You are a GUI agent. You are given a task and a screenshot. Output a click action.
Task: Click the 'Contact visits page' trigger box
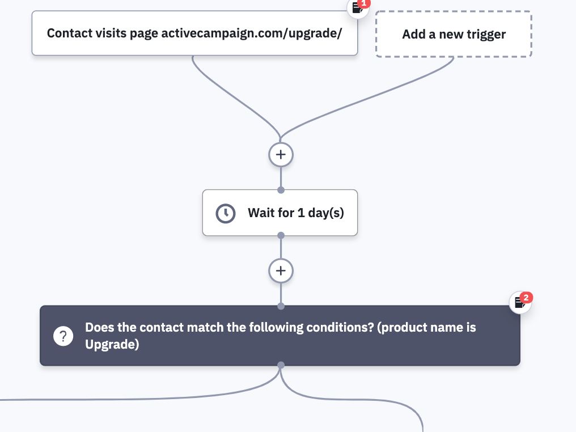tap(194, 33)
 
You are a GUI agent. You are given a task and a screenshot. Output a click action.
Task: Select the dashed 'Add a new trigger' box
tap(454, 34)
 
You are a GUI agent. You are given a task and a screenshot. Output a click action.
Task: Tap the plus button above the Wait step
tap(281, 155)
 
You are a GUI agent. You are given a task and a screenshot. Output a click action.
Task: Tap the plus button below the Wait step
tap(281, 271)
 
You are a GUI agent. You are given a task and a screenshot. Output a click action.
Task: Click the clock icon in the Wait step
tap(226, 213)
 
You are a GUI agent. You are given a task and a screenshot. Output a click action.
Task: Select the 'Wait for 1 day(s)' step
tap(280, 213)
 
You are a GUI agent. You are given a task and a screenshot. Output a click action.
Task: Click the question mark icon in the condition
tap(63, 336)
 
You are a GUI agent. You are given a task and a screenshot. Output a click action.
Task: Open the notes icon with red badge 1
tap(358, 7)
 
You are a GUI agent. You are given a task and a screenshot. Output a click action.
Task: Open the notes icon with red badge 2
tap(520, 302)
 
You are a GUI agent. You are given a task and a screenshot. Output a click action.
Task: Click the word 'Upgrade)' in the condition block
tap(112, 345)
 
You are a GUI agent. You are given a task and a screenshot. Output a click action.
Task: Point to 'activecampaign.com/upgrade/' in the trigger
tap(252, 33)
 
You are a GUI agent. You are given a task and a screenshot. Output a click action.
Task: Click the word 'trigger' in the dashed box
tap(486, 35)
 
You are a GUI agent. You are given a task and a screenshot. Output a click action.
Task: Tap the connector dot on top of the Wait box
tap(281, 190)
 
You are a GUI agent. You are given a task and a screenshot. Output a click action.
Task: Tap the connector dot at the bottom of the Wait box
tap(281, 235)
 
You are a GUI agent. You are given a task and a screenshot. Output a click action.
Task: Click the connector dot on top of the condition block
tap(281, 306)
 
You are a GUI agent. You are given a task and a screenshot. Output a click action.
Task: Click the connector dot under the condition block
tap(281, 365)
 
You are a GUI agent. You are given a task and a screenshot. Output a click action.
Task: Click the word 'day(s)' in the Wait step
tap(326, 213)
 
